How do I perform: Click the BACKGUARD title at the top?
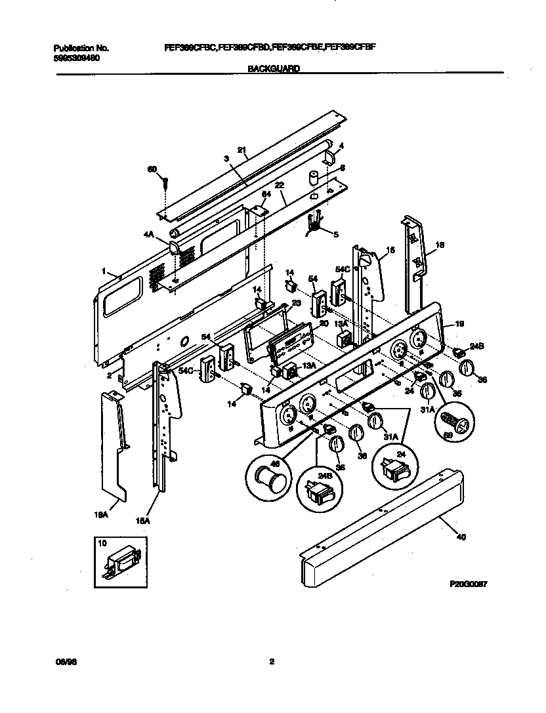tap(274, 68)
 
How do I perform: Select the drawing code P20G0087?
tap(467, 582)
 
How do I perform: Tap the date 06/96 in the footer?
tap(63, 662)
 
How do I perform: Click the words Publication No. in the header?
tap(81, 49)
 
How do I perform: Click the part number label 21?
tap(241, 151)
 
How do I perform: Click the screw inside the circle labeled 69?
tap(454, 418)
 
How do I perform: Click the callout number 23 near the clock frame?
tap(295, 303)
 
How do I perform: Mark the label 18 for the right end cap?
tap(440, 245)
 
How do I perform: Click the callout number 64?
tap(266, 194)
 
